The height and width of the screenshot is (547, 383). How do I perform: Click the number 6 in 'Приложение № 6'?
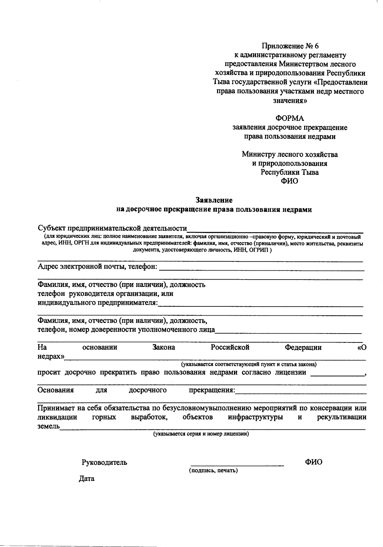click(x=316, y=47)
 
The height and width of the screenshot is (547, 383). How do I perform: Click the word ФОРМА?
click(x=290, y=119)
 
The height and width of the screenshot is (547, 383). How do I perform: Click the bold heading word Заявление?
click(x=214, y=200)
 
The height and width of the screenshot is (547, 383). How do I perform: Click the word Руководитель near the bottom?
click(x=104, y=462)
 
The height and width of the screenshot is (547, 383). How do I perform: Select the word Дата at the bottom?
click(x=86, y=479)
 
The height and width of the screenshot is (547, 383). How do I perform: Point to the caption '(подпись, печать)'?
click(x=213, y=471)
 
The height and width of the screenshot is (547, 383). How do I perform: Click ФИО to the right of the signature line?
click(x=313, y=462)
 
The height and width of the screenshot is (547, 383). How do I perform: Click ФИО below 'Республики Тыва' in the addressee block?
click(x=289, y=181)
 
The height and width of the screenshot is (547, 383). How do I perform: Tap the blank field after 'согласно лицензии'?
click(x=337, y=375)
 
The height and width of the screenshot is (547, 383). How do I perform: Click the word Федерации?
click(x=303, y=347)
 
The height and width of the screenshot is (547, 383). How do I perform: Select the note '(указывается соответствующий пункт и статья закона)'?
click(x=249, y=364)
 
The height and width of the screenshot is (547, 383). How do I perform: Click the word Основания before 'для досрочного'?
click(x=56, y=390)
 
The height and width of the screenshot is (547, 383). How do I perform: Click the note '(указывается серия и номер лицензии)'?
click(x=201, y=434)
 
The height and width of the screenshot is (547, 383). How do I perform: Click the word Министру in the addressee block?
click(x=257, y=154)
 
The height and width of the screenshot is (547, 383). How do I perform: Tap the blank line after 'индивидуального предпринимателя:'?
click(x=260, y=305)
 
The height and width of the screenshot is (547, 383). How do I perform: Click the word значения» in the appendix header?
click(x=290, y=101)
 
